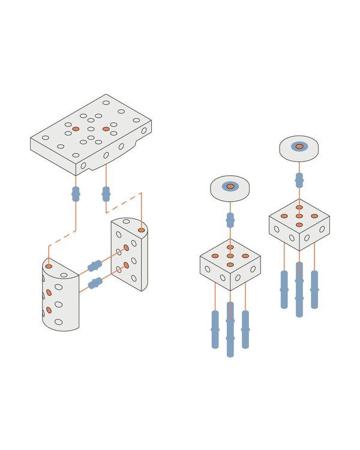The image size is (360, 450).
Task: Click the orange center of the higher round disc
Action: point(299,146)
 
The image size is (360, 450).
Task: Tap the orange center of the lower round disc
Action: point(230,187)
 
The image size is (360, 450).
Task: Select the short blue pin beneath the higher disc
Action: point(299,179)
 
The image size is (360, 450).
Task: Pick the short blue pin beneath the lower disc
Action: point(230,220)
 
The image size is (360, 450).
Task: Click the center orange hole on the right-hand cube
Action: point(299,216)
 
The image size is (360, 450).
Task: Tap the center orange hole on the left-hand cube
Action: point(230,256)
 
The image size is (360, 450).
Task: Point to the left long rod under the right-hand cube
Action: point(284,289)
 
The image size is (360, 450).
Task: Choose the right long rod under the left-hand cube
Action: point(245,329)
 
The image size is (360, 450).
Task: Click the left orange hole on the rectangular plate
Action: point(76,129)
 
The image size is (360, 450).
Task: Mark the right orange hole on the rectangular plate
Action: point(106,129)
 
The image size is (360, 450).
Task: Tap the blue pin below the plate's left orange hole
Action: point(76,194)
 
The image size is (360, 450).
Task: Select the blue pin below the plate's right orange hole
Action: point(106,194)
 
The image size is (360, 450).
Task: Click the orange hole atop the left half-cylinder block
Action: point(49,266)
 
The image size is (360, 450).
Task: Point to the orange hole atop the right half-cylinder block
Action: point(141,230)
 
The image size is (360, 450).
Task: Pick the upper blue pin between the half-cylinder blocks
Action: point(95,266)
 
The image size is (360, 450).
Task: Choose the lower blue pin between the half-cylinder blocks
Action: point(95,283)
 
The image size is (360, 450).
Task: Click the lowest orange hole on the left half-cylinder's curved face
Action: point(49,310)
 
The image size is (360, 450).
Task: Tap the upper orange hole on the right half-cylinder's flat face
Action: point(126,248)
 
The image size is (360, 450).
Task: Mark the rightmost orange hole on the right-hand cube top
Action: point(314,216)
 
